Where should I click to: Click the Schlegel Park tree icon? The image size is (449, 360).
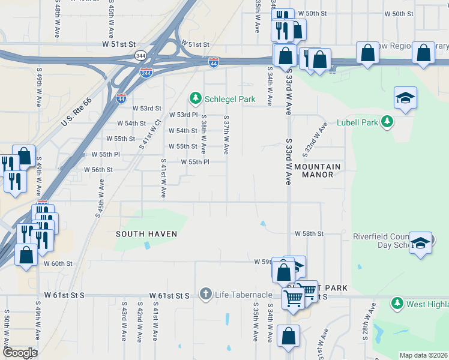195,98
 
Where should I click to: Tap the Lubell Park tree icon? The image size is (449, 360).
388,122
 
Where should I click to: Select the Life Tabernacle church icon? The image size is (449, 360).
206,295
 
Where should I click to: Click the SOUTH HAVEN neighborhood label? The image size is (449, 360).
147,233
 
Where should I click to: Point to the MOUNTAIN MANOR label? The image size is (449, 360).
318,170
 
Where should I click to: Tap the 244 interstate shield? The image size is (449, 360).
146,72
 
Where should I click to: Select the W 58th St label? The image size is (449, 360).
309,233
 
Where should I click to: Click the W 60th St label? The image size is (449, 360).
58,263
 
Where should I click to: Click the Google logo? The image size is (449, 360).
20,353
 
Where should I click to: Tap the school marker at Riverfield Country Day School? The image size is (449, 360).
421,243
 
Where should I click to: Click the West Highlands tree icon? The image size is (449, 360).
397,304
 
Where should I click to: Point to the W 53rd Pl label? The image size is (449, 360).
183,115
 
